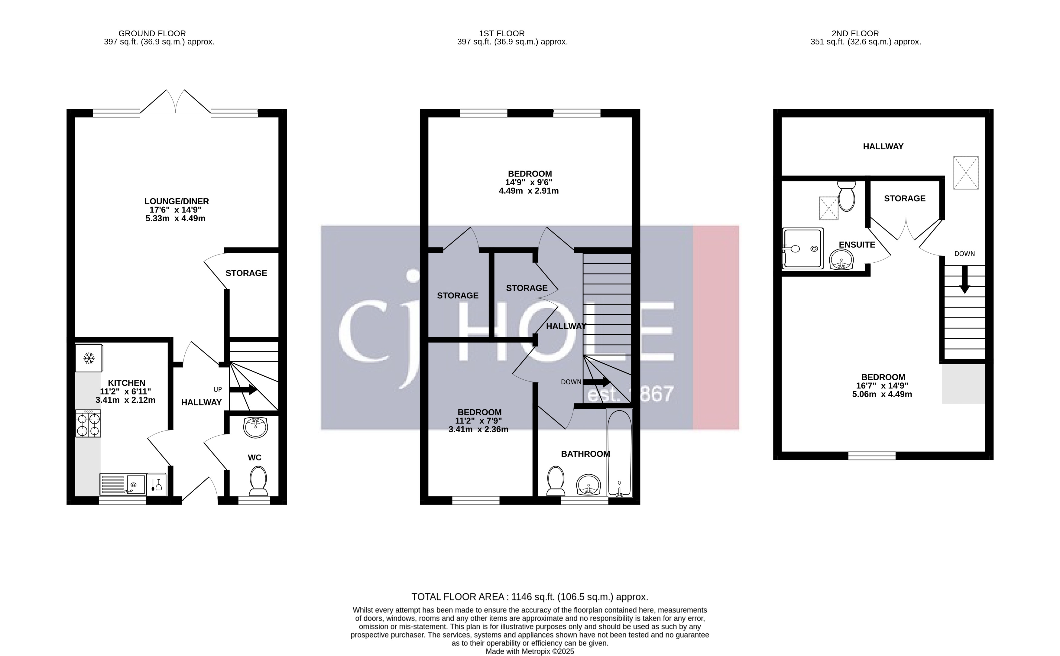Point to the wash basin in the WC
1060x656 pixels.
point(256,427)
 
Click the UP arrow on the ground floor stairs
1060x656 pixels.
point(243,390)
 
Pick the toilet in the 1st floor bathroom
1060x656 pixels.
point(556,480)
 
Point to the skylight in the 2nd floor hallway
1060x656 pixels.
point(966,173)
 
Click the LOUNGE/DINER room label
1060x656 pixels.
point(177,201)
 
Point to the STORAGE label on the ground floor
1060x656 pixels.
point(246,273)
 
